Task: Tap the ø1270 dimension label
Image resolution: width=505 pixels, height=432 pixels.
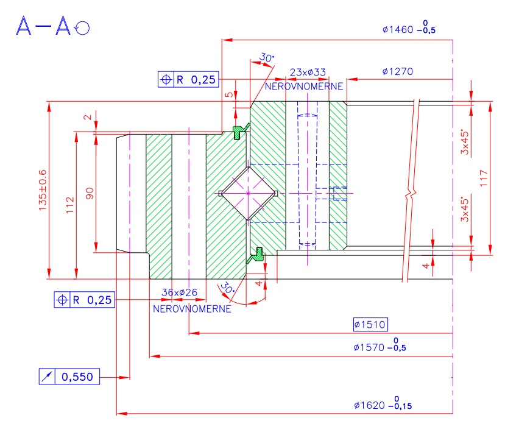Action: click(398, 71)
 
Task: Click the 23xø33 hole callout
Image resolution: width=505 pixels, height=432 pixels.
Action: click(308, 72)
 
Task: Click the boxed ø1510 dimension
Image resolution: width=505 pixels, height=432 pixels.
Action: click(370, 324)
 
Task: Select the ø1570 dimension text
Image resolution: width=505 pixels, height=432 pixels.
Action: click(379, 347)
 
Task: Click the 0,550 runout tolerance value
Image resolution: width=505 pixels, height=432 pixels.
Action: click(77, 377)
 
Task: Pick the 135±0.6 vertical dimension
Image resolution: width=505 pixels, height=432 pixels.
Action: click(43, 189)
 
